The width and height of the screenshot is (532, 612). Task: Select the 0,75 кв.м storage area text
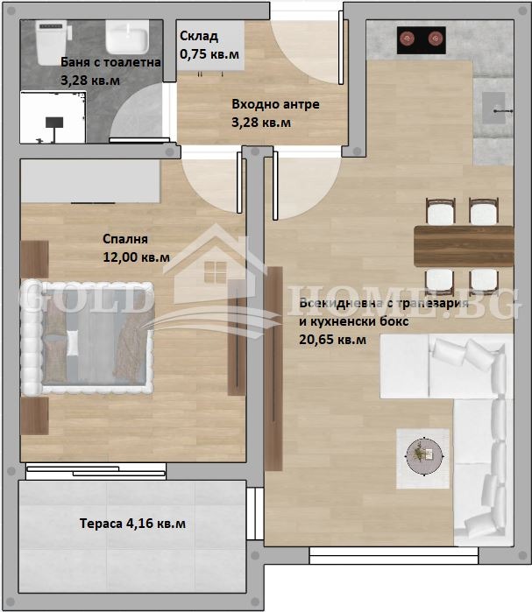(x=209, y=53)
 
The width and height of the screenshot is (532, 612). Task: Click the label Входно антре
(x=275, y=104)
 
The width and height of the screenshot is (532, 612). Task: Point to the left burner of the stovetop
(x=408, y=38)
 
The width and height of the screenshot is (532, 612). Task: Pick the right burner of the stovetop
(x=435, y=38)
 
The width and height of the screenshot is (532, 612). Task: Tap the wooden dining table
(x=464, y=246)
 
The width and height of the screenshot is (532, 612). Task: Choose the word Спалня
(x=125, y=239)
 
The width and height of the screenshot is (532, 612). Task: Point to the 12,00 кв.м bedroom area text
(x=137, y=257)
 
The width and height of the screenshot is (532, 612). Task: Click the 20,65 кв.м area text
(x=333, y=339)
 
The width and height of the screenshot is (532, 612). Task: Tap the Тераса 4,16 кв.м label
(x=132, y=524)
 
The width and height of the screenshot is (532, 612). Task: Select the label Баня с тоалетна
(x=111, y=63)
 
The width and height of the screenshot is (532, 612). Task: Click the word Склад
(x=199, y=37)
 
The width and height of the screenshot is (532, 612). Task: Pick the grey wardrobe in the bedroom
(x=89, y=180)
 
